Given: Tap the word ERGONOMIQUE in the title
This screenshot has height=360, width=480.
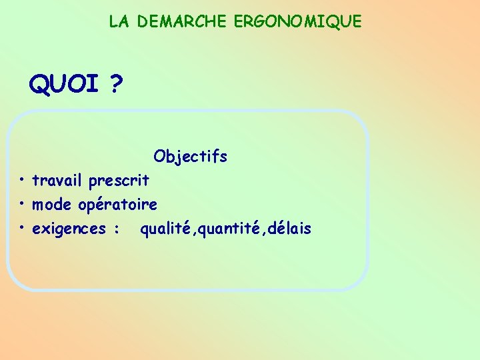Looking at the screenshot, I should (297, 21).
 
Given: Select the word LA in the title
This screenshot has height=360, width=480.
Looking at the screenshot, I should (119, 21).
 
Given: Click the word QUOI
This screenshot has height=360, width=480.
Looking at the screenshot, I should (64, 85).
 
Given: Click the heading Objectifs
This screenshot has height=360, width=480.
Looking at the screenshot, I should (190, 157).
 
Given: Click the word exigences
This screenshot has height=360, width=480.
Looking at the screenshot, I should (70, 229).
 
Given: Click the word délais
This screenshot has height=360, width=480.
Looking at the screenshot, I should (289, 229).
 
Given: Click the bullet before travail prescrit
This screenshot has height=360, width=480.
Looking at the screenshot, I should (22, 179).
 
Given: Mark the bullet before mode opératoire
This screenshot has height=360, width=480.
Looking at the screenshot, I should (22, 203).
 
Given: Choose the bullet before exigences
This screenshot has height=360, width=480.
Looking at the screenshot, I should (22, 227).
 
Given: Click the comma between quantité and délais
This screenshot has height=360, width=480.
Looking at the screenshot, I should (263, 233).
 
